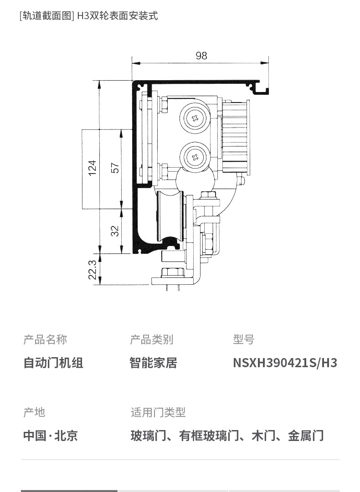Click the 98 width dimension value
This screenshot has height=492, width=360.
(201, 56)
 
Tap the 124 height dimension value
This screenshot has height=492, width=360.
(92, 168)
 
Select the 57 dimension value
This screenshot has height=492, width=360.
(115, 168)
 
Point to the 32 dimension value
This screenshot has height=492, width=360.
(115, 231)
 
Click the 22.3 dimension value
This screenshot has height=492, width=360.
(92, 270)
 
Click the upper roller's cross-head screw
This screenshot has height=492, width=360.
(195, 118)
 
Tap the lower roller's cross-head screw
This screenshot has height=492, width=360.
(195, 157)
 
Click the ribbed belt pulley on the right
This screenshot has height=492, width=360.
(236, 136)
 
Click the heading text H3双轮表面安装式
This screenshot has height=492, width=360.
(118, 15)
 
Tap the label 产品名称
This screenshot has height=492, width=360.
(45, 339)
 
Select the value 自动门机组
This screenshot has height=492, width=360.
(53, 363)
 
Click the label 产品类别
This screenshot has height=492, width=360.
(152, 339)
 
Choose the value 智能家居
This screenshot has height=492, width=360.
(154, 363)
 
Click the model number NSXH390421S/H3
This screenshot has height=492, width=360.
(285, 363)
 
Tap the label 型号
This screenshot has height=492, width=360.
(243, 339)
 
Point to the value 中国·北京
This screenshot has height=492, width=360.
(51, 436)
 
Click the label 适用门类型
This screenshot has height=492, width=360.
(158, 412)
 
